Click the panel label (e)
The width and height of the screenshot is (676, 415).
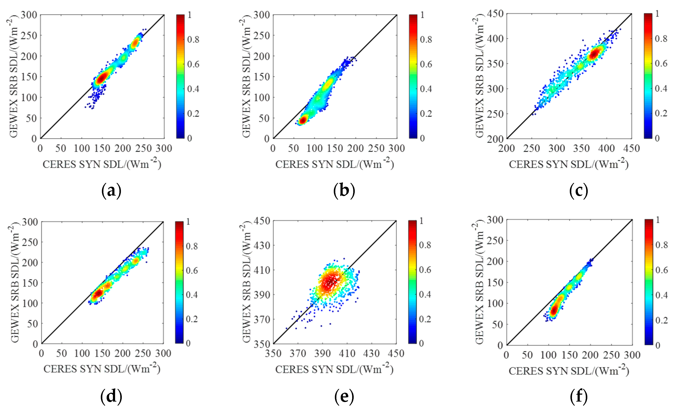344,397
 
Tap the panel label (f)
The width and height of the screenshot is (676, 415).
579,397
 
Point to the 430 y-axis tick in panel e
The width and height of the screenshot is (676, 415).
262,245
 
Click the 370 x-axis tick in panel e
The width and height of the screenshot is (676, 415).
298,353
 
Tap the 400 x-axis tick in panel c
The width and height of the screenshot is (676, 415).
607,149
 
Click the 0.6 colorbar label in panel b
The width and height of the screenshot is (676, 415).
426,64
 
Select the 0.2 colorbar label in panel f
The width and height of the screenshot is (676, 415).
662,320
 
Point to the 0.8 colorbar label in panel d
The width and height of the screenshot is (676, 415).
192,246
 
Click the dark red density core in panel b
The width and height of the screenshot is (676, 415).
303,120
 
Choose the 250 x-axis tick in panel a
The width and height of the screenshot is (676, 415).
143,149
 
